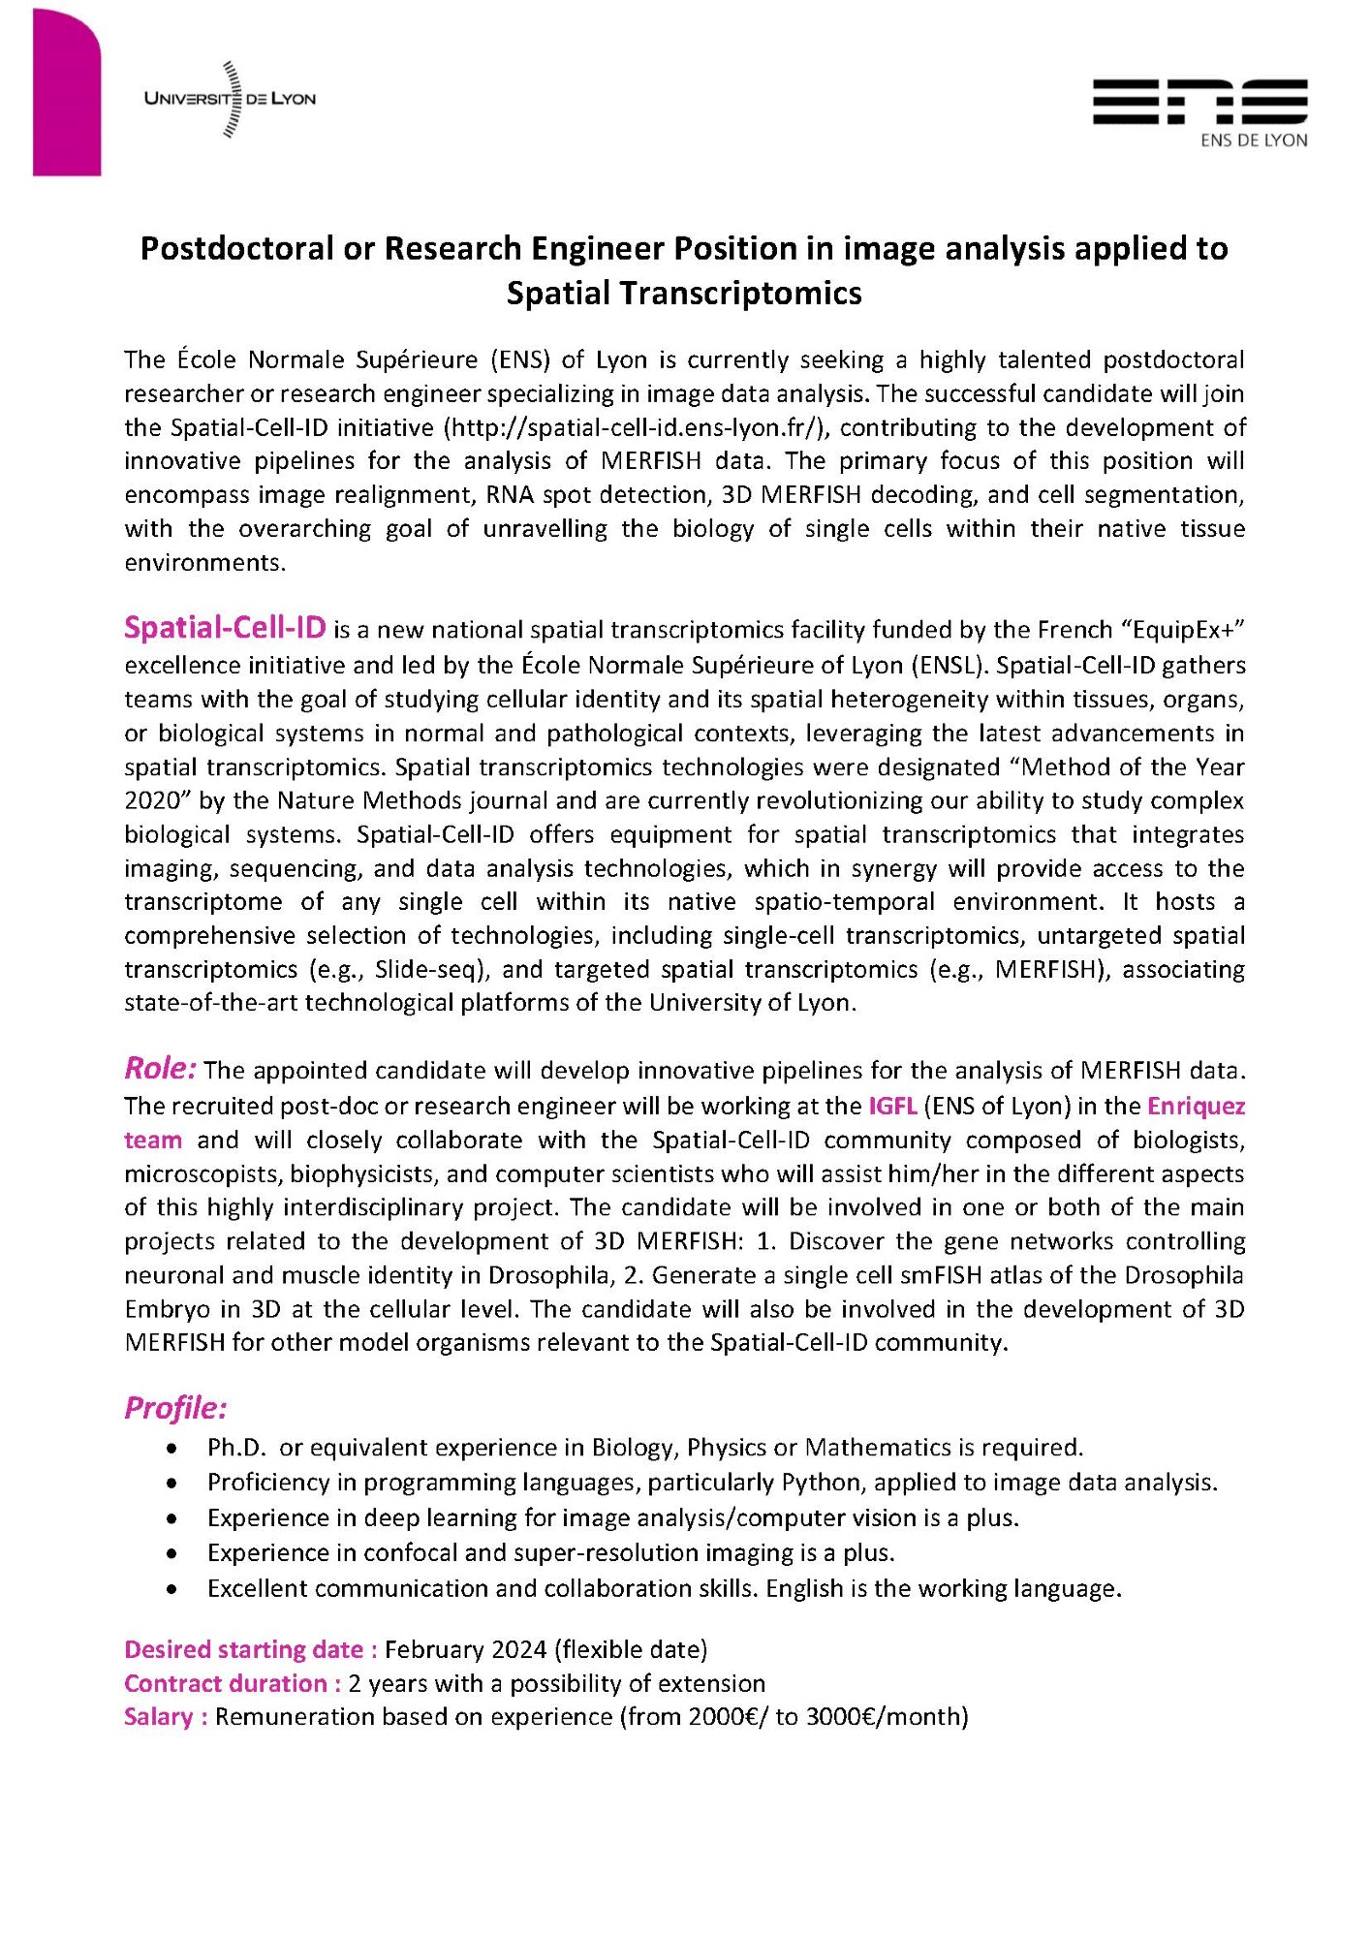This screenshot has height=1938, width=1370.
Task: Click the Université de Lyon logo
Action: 230,99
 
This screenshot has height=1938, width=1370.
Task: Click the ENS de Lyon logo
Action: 1199,111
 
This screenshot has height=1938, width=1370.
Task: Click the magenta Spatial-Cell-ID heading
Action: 225,628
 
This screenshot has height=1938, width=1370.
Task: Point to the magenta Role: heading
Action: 161,1068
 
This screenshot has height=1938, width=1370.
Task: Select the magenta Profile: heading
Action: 175,1407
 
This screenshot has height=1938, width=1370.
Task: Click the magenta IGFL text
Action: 892,1106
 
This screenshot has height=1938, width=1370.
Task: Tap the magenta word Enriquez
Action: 1196,1106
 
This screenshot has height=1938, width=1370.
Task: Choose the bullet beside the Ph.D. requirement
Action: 171,1448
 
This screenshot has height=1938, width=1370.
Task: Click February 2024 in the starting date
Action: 466,1649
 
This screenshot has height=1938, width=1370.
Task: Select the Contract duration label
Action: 233,1683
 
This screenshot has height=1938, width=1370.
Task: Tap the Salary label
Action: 166,1717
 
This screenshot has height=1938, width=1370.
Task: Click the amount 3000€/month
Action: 886,1717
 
